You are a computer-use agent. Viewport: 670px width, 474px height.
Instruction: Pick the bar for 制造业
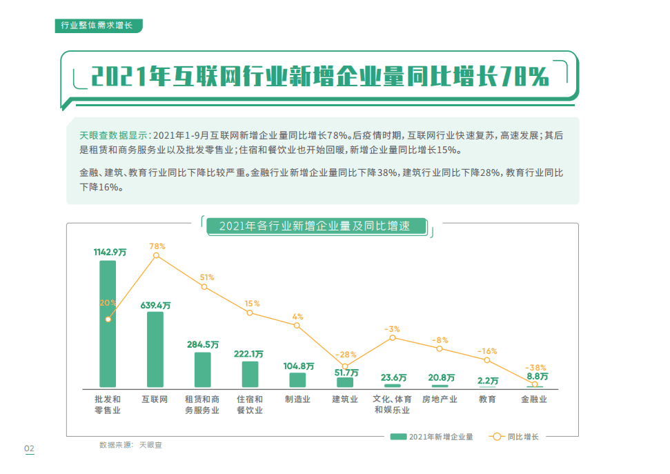pyautogui.click(x=297, y=379)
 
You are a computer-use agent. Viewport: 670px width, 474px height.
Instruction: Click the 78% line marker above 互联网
pyautogui.click(x=156, y=256)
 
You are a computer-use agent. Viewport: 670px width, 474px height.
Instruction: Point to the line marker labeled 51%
pyautogui.click(x=204, y=286)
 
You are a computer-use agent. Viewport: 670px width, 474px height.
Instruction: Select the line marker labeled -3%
pyautogui.click(x=392, y=337)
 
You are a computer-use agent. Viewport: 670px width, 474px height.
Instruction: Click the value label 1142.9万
pyautogui.click(x=110, y=253)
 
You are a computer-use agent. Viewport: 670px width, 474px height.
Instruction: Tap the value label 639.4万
pyautogui.click(x=156, y=304)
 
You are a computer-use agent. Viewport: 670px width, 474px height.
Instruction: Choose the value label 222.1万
pyautogui.click(x=249, y=354)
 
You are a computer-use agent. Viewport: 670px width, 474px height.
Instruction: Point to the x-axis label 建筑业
pyautogui.click(x=345, y=399)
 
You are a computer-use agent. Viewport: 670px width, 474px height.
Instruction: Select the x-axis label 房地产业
pyautogui.click(x=440, y=399)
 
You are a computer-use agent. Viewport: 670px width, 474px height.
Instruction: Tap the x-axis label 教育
pyautogui.click(x=487, y=399)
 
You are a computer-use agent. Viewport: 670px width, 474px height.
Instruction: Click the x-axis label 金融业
pyautogui.click(x=534, y=399)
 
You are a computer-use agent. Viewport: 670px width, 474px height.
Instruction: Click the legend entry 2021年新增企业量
pyautogui.click(x=431, y=437)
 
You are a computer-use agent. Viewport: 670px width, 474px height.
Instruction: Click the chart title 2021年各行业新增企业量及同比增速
pyautogui.click(x=314, y=226)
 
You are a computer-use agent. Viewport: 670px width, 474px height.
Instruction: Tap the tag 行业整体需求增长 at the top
pyautogui.click(x=97, y=26)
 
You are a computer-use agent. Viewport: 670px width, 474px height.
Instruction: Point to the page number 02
pyautogui.click(x=29, y=449)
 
